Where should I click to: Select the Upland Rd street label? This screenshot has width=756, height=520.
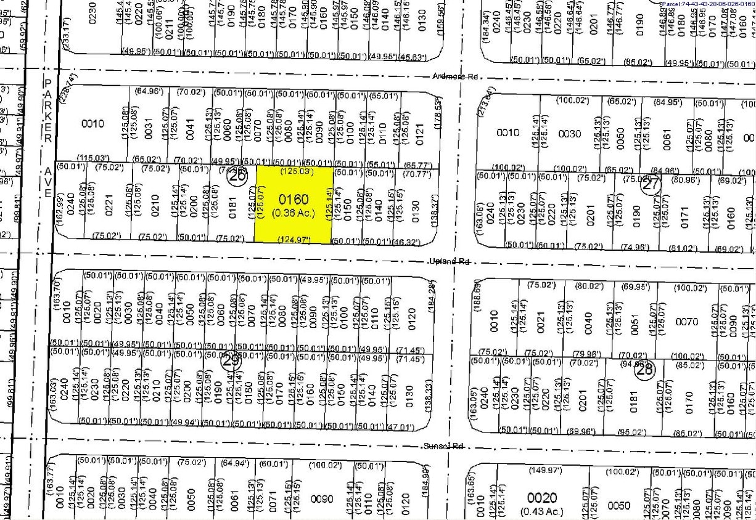coord(450,261)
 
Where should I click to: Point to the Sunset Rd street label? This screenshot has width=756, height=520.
coord(443,446)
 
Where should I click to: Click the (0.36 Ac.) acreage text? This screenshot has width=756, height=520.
coord(294,213)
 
